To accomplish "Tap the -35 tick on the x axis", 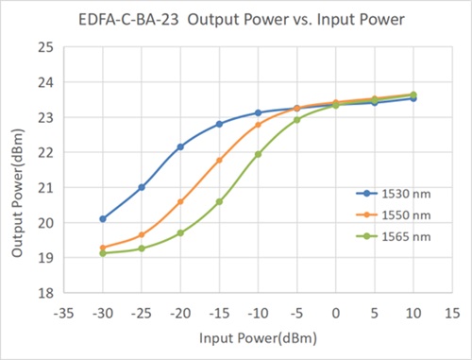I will click(64, 309).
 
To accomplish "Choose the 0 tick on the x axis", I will click(335, 309).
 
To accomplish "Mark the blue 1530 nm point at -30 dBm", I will click(103, 219).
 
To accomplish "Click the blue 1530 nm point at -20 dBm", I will click(180, 146).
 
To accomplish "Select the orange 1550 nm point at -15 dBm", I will click(219, 161).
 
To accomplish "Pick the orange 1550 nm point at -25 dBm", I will click(142, 235).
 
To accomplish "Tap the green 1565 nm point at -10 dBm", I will click(258, 154).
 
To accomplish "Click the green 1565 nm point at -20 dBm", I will click(180, 232).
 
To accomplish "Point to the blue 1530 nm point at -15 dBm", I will click(219, 124).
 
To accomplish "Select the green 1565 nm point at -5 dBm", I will click(296, 120).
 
